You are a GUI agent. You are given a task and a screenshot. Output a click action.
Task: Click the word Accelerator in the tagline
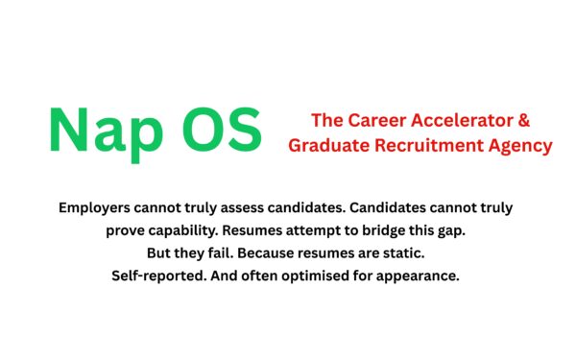[x=472, y=122]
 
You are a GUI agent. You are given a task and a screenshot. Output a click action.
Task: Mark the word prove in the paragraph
[x=128, y=231]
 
